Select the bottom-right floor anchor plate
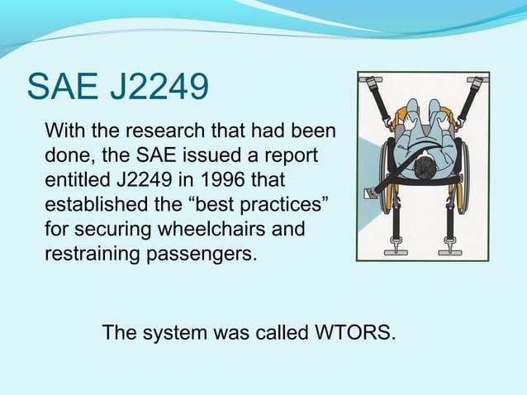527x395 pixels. tap(450, 246)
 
